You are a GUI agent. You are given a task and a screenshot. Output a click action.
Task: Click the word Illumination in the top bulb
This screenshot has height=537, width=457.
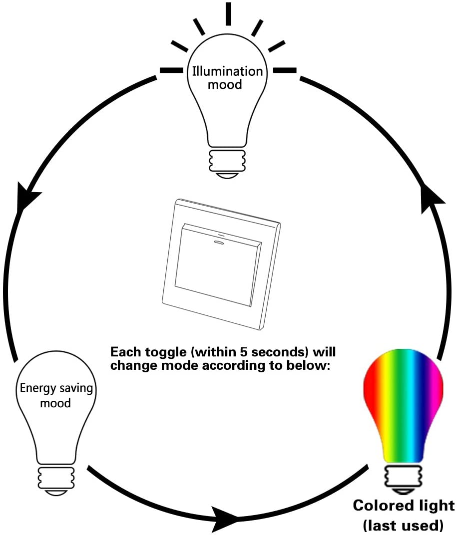[x=227, y=71]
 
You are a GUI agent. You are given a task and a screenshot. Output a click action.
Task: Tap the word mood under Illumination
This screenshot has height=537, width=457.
[x=225, y=84]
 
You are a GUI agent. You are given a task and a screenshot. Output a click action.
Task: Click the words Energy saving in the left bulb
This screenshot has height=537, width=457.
[x=56, y=389]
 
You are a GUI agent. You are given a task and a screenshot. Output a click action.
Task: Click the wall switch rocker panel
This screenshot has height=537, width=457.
[x=218, y=265]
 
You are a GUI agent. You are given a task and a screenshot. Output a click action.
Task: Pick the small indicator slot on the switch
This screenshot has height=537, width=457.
[x=218, y=242]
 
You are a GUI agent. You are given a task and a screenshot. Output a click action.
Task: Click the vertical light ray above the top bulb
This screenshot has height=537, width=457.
[x=228, y=13]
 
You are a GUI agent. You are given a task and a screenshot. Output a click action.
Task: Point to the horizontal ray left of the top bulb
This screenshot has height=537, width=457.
[x=171, y=70]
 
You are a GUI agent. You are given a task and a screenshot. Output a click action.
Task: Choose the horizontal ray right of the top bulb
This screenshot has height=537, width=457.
[x=285, y=70]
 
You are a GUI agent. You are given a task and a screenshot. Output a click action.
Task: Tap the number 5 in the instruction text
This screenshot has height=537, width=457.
[x=241, y=352]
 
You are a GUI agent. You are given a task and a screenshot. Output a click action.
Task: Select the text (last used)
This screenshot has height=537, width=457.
[x=403, y=525]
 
